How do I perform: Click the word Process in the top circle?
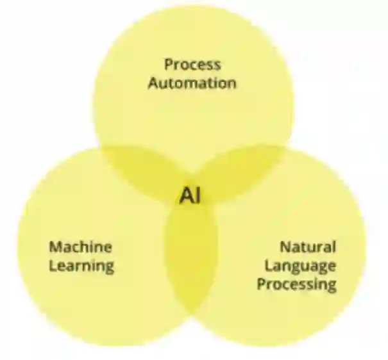(192, 64)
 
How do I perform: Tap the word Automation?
(192, 83)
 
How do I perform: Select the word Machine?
(81, 247)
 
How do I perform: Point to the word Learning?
(81, 265)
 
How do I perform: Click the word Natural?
(308, 247)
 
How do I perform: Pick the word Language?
(300, 265)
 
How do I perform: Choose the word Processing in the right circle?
(296, 284)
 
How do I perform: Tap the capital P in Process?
(168, 64)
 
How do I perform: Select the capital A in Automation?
(153, 83)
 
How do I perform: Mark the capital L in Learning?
(52, 265)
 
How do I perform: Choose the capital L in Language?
(268, 265)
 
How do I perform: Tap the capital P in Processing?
(261, 283)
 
